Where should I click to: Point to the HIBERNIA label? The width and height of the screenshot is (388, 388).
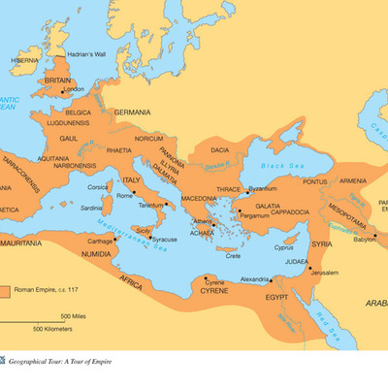pyautogui.click(x=24, y=59)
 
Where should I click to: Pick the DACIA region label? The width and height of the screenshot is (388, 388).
pyautogui.click(x=220, y=150)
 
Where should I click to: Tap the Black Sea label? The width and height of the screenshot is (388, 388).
pyautogui.click(x=288, y=166)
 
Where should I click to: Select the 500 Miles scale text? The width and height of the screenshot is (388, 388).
pyautogui.click(x=76, y=316)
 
